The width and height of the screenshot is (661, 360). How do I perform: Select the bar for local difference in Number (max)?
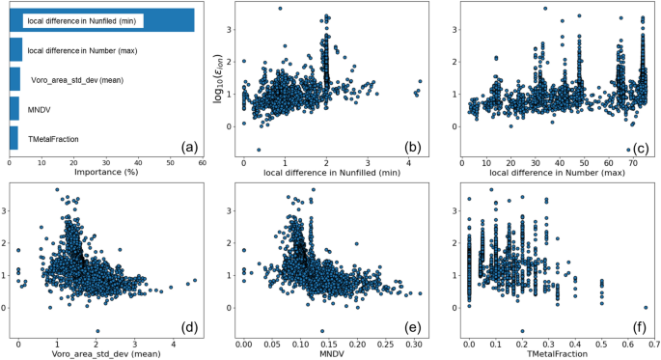[x=14, y=50]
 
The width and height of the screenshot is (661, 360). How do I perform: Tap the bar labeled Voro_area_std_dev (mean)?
[x=14, y=79]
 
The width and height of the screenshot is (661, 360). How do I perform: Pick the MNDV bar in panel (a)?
[x=13, y=109]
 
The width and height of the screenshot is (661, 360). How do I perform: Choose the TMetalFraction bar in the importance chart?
[x=13, y=139]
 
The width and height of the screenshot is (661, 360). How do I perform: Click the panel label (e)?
[x=413, y=326]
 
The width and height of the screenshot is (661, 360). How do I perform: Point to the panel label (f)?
[x=639, y=326]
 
